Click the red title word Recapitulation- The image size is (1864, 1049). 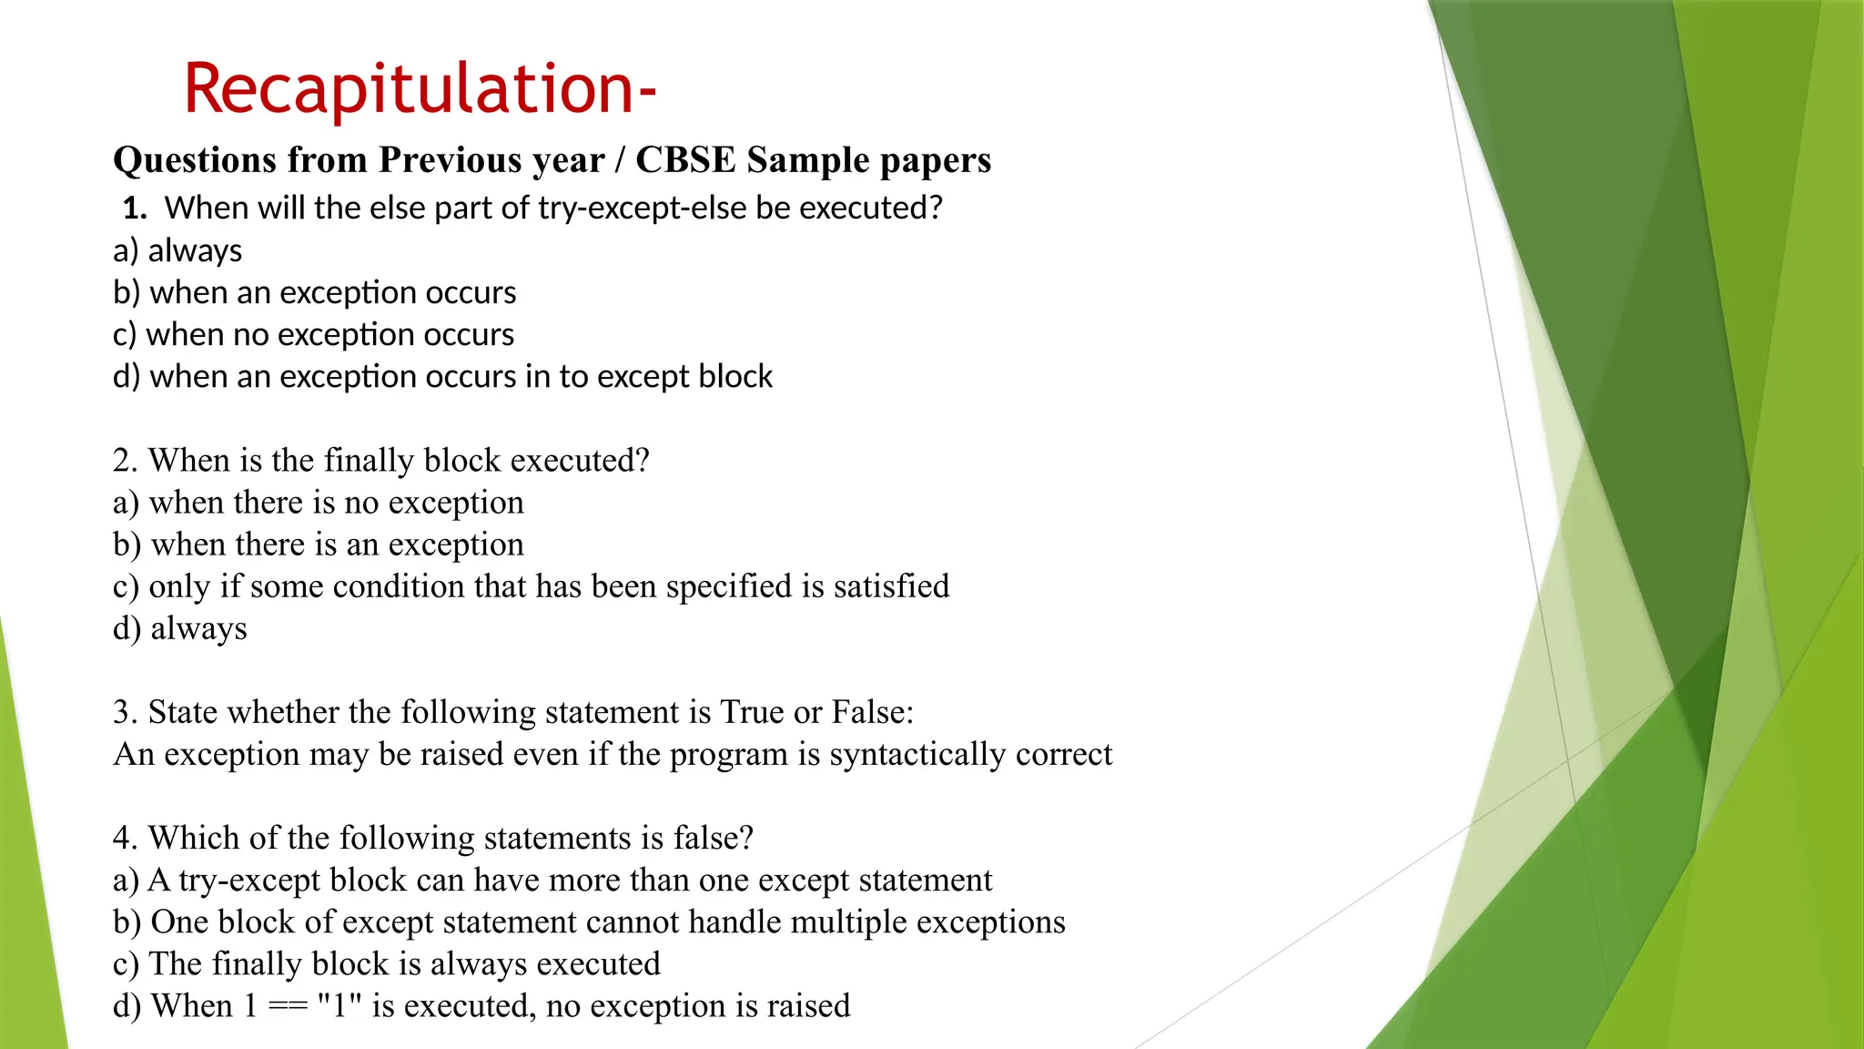coord(420,88)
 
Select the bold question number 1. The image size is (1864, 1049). coord(134,209)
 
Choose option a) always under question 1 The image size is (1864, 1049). coord(177,250)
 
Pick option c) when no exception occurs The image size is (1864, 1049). coord(313,334)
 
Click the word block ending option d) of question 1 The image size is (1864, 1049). coord(735,376)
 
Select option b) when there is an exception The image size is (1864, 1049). coord(319,545)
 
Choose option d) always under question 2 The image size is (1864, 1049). coord(180,628)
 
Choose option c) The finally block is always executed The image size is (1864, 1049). coord(387,964)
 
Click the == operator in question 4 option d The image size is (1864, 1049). coord(288,1006)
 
